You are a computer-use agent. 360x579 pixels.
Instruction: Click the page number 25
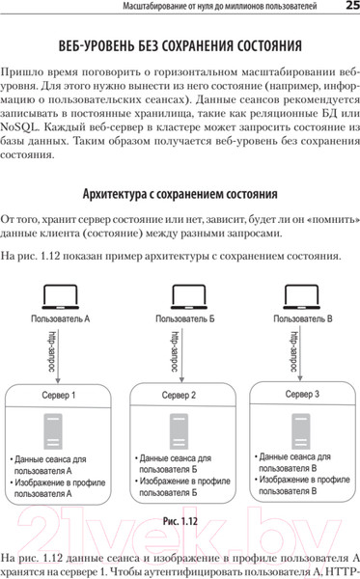pos(349,9)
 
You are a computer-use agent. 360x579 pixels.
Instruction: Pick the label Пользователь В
pos(304,317)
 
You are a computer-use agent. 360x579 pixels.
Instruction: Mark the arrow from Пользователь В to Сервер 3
pos(287,353)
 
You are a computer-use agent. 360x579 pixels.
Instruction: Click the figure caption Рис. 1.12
pos(180,521)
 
